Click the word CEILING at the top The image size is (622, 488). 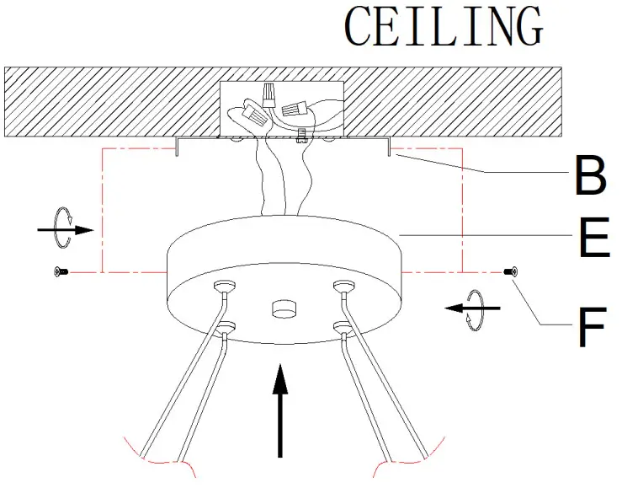click(x=444, y=27)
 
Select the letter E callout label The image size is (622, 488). click(x=593, y=239)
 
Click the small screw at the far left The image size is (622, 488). click(x=58, y=271)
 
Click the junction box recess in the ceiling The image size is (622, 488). click(x=282, y=108)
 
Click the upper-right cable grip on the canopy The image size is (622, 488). click(x=341, y=287)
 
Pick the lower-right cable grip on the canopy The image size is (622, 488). click(x=341, y=327)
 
